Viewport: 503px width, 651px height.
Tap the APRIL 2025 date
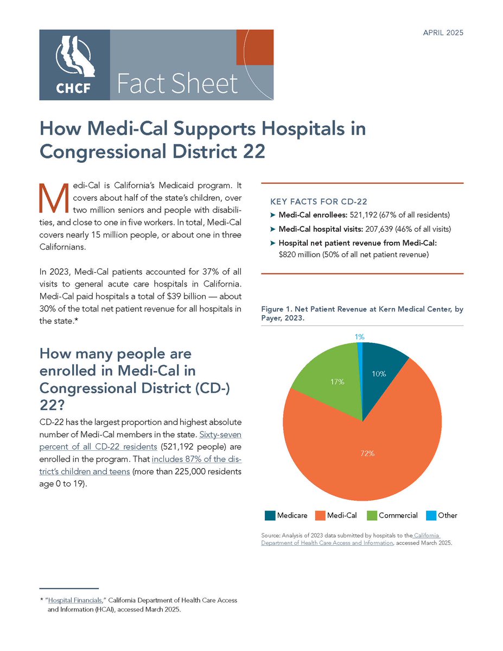pos(443,33)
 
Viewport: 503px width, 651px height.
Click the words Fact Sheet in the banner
pos(177,84)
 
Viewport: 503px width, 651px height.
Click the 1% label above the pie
pos(359,337)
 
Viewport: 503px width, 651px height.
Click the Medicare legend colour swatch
pos(270,515)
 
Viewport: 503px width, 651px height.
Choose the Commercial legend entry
pos(392,515)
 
